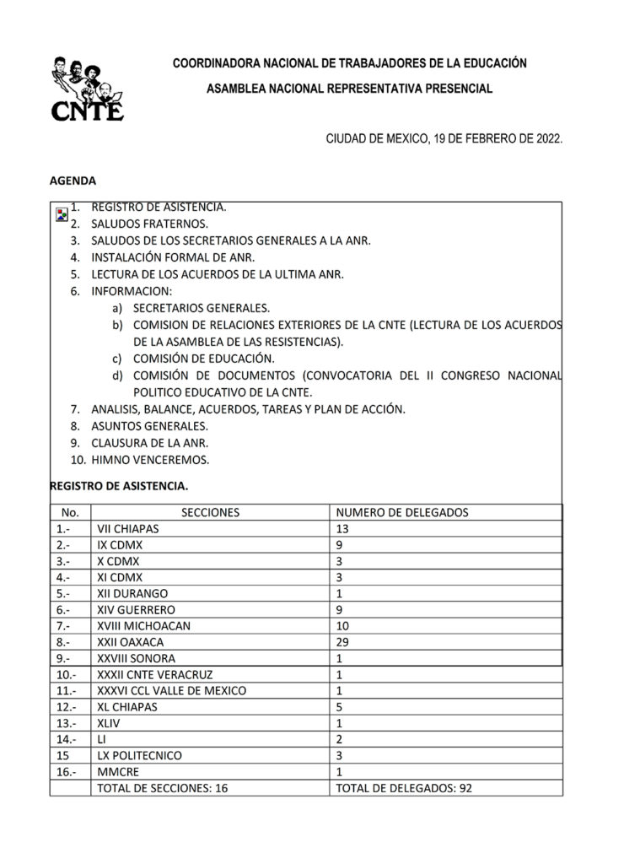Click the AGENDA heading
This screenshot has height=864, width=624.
[x=73, y=181]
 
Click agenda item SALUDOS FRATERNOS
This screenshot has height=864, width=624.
[x=149, y=224]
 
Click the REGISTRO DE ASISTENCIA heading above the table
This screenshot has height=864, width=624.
[x=119, y=486]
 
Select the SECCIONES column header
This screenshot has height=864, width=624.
[x=210, y=512]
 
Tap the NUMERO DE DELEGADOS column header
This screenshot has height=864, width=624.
[x=402, y=512]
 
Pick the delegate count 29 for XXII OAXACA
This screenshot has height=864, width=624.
[x=342, y=642]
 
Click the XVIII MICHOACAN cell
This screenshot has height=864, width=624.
[x=144, y=626]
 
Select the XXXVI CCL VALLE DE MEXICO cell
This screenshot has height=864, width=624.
[x=172, y=690]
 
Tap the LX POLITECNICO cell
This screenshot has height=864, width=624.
[x=140, y=755]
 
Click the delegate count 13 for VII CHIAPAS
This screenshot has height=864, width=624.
[x=342, y=529]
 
